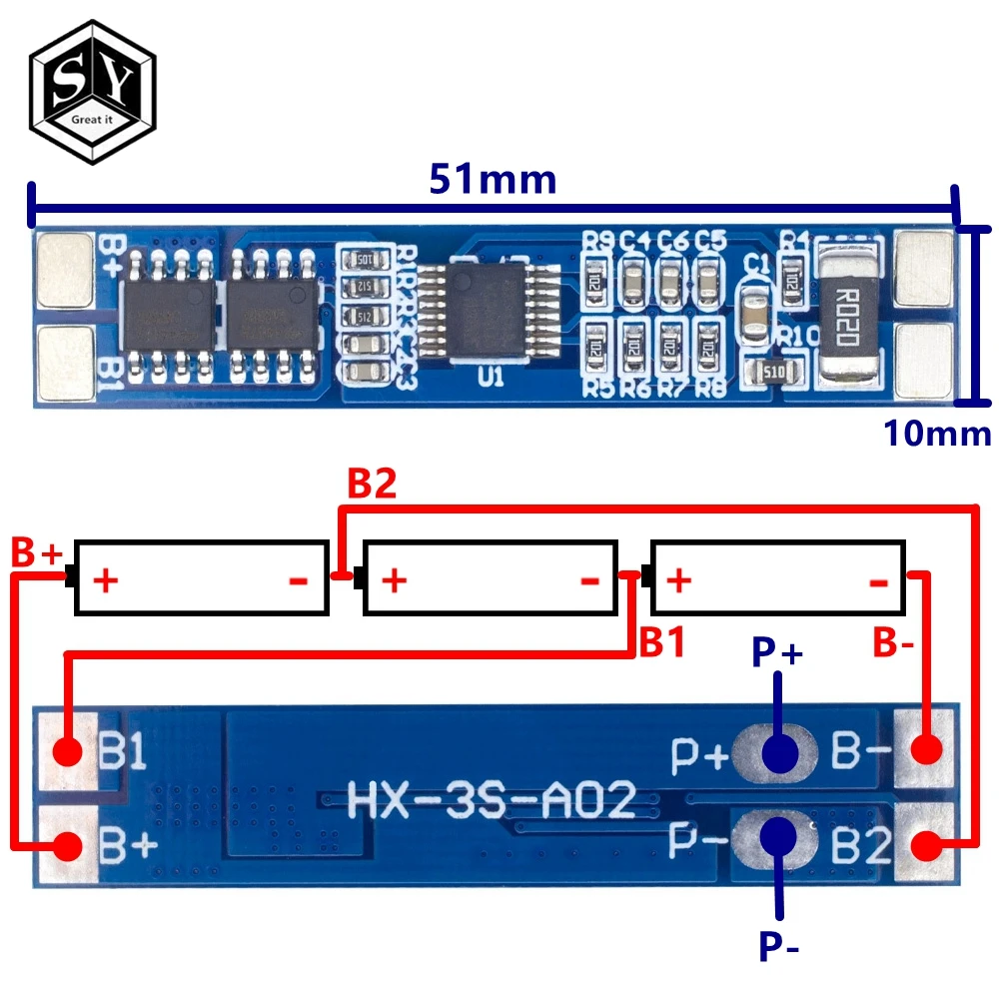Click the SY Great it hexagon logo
pos(92,91)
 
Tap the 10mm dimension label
pos(936,434)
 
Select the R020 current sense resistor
pos(849,310)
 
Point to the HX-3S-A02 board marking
pos(492,800)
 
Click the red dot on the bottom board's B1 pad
pos(67,751)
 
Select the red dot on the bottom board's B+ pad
pos(67,845)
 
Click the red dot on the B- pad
pos(928,750)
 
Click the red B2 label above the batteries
pos(372,485)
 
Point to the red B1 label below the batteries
pos(661,642)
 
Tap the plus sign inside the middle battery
pos(394,579)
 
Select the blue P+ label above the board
pos(778,653)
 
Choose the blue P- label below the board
pos(778,943)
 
